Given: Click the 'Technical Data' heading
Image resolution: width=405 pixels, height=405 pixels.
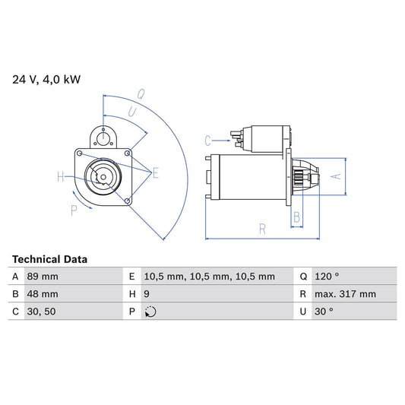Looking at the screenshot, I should (x=49, y=259).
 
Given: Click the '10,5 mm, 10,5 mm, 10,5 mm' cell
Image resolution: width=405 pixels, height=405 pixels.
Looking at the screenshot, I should (x=210, y=277).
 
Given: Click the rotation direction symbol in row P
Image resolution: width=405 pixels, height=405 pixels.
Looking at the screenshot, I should (x=150, y=312).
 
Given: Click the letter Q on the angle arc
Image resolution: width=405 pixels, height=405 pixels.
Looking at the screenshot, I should (x=141, y=94).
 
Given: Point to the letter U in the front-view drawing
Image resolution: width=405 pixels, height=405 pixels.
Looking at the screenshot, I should (x=131, y=112).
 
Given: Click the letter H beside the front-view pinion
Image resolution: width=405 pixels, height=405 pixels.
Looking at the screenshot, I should (x=61, y=178).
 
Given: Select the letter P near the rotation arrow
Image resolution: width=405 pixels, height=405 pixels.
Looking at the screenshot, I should (x=74, y=210).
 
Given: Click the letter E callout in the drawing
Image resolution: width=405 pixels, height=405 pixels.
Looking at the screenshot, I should (x=155, y=173).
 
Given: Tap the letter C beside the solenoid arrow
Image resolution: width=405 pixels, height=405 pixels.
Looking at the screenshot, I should (x=207, y=140).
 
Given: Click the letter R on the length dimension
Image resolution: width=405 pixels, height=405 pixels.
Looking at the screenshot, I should (x=261, y=226).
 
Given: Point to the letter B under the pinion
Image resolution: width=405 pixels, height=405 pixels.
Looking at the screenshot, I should (x=296, y=217).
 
